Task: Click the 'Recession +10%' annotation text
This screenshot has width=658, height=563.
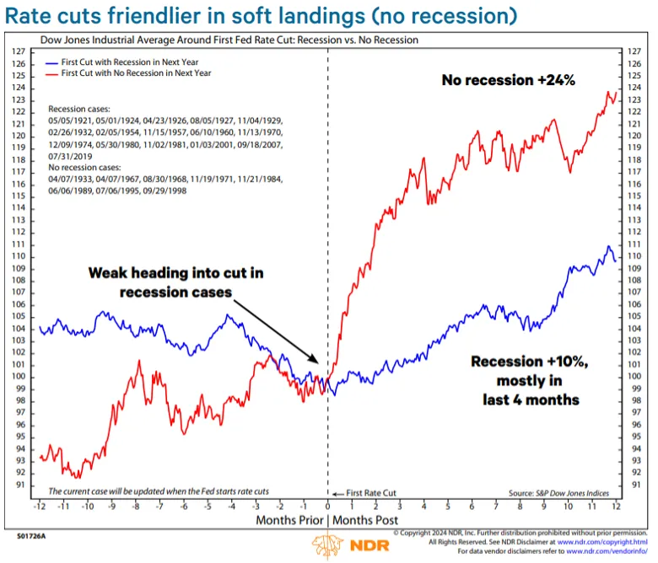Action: (x=527, y=362)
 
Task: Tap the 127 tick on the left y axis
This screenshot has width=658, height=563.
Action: (x=19, y=52)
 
